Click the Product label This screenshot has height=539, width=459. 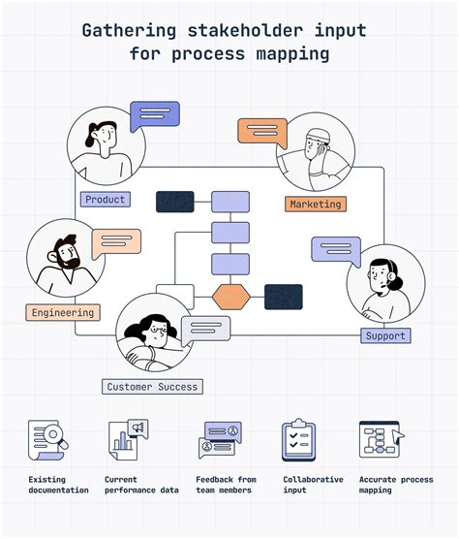click(106, 200)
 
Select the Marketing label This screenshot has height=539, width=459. click(316, 205)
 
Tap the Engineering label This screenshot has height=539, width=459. click(62, 313)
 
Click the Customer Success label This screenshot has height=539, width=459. click(152, 387)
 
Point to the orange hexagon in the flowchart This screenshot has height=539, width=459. click(230, 296)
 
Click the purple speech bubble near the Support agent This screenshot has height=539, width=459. click(336, 251)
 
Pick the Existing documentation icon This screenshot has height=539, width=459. click(46, 440)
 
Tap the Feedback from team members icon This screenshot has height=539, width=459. click(220, 440)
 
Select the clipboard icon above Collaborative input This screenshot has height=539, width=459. click(298, 440)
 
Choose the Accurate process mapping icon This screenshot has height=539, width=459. click(380, 440)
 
